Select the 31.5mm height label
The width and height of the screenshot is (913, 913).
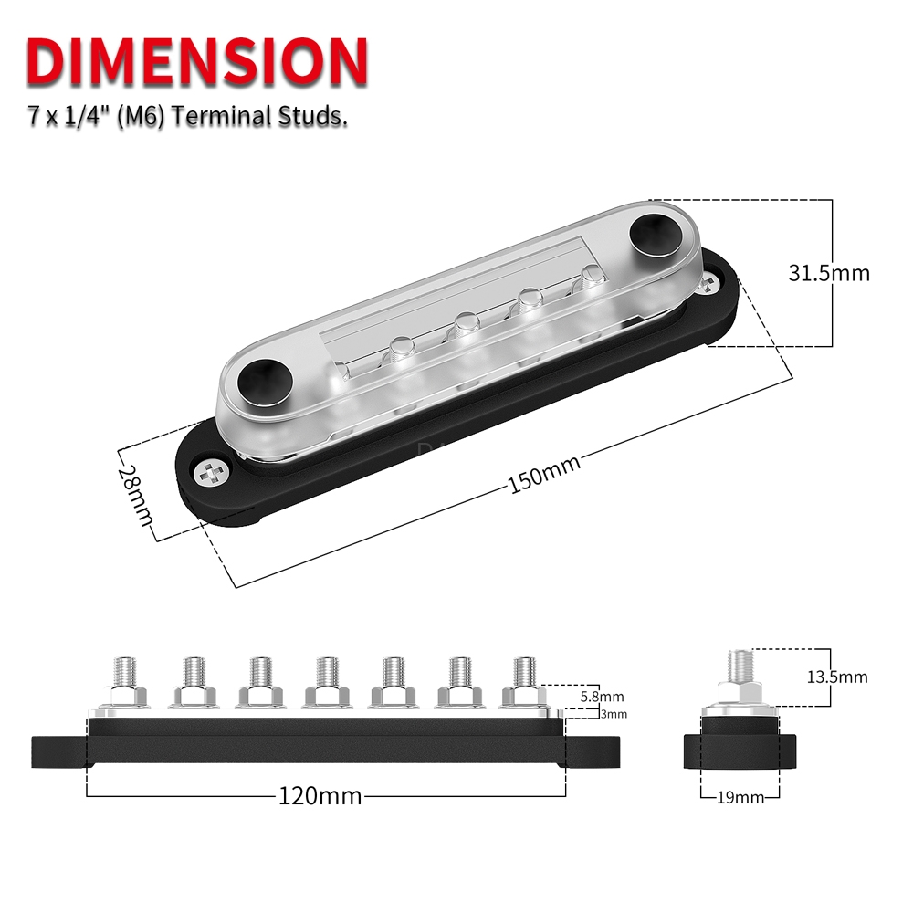[828, 272]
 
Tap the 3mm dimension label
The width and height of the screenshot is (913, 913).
[614, 714]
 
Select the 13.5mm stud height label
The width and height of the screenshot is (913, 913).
[837, 677]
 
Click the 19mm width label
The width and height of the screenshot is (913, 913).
[740, 797]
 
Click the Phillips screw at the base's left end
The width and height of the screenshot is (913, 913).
[215, 473]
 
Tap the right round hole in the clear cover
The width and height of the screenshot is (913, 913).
[654, 232]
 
